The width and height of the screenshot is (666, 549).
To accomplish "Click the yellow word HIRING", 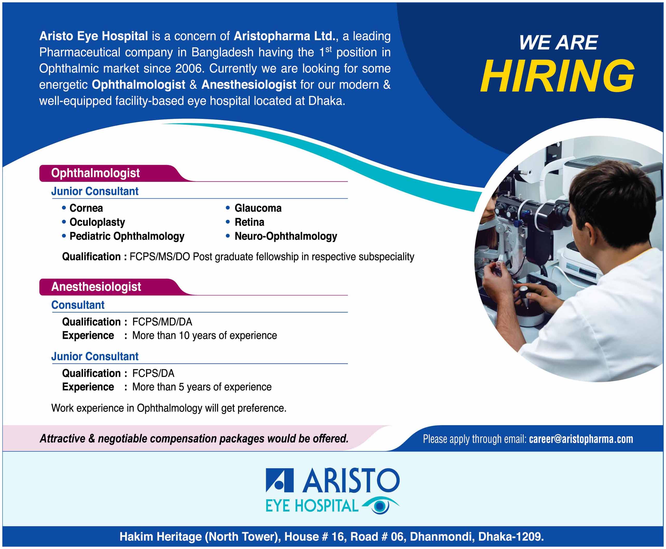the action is coord(557,76).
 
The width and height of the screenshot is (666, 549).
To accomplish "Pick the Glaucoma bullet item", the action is coord(254,208).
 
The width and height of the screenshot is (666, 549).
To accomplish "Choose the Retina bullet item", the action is coord(245,222).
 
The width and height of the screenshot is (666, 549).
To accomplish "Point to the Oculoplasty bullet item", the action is coord(94,222).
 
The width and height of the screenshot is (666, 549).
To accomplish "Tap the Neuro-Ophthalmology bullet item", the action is coord(282,237).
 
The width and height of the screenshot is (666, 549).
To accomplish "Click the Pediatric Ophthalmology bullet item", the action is coord(123,237).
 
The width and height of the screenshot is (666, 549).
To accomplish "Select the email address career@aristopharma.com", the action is coord(581,439).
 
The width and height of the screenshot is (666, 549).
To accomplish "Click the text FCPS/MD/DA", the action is coord(162,322).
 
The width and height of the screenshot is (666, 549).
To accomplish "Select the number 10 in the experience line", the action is coord(184,336).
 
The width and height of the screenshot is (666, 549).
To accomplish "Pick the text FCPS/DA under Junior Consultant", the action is coord(153,374).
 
